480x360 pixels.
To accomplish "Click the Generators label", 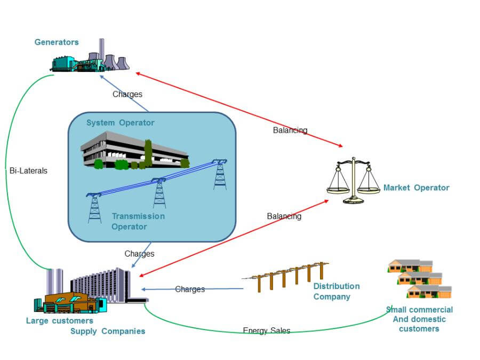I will point(57,42).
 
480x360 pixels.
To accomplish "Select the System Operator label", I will point(121,123).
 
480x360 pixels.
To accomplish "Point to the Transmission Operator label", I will point(138,221).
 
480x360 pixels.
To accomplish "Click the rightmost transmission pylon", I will point(220,174).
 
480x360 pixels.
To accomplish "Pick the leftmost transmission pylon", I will point(95,208).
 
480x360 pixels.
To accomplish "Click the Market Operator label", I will point(416,188).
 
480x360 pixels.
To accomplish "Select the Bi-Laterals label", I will point(28,171).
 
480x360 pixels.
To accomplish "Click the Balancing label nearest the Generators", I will point(290,130).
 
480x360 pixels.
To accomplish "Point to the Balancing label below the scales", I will point(284,217).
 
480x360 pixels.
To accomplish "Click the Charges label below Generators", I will point(127,94).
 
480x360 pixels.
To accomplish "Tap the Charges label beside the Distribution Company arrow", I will point(190,289).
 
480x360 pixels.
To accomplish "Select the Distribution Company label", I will point(337,291).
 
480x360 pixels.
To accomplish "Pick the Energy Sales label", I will point(267,331).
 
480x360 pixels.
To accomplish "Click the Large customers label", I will point(60,321).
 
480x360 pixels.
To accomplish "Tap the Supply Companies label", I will point(108,331).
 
